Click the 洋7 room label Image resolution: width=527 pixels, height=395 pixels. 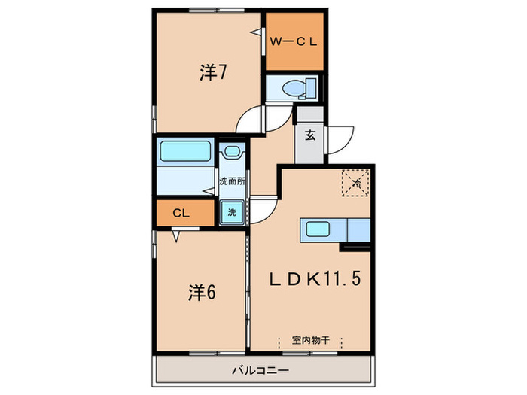[x=213, y=73]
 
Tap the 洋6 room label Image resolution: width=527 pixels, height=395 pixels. [x=202, y=292]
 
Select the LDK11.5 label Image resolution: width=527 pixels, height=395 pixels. [x=316, y=278]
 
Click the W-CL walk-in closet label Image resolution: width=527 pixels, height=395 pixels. [x=294, y=42]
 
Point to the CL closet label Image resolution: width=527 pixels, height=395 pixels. [x=180, y=214]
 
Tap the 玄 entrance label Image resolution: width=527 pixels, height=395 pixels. [x=309, y=136]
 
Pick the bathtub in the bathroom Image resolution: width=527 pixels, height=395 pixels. [x=184, y=150]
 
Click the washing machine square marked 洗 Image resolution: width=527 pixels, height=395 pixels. [x=232, y=212]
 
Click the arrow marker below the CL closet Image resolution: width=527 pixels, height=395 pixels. [x=175, y=237]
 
